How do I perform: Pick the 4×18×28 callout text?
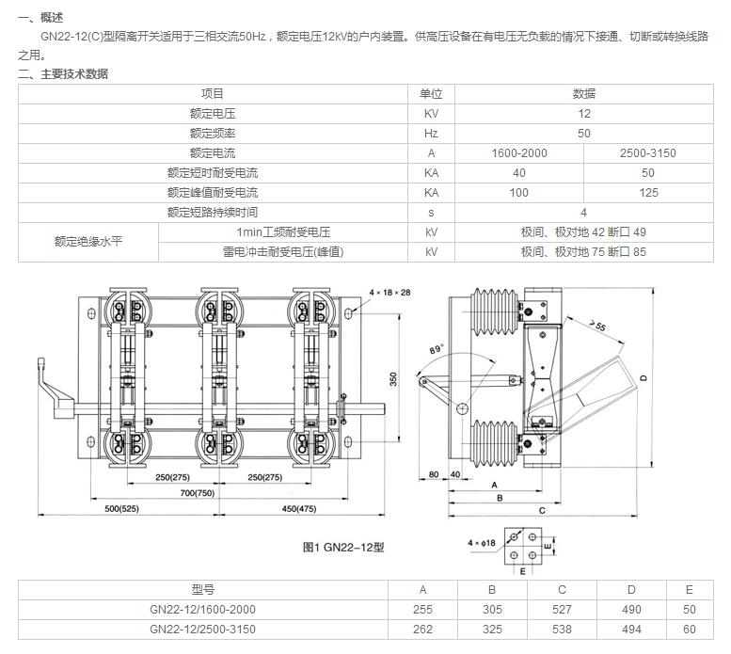[390, 293]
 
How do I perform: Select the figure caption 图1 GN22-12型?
[343, 547]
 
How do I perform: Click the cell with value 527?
[562, 609]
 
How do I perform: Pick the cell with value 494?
[631, 629]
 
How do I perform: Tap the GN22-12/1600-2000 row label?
[202, 609]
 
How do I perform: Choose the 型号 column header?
[202, 589]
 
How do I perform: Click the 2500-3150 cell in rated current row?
[648, 153]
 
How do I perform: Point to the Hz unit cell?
[431, 134]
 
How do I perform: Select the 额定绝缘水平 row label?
[88, 242]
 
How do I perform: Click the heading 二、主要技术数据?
[63, 73]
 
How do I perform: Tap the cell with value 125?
[648, 193]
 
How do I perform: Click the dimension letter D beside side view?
[644, 377]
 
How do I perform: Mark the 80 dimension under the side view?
[434, 475]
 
